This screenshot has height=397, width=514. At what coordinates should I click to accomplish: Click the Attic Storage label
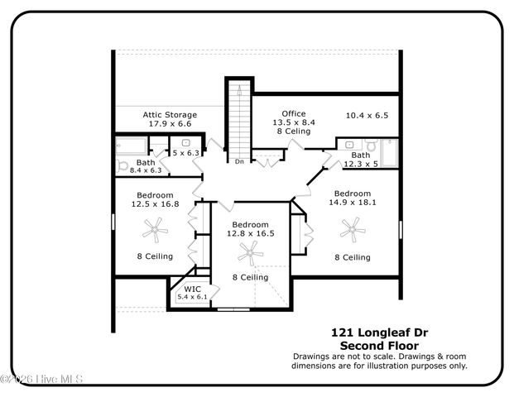[x=169, y=114]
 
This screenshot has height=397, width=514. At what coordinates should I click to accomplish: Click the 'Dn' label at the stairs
[x=239, y=161]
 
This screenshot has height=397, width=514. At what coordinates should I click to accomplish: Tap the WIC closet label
[x=192, y=289]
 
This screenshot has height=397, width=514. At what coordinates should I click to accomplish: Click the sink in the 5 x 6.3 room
[x=185, y=143]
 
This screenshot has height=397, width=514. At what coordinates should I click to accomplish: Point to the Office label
[x=293, y=113]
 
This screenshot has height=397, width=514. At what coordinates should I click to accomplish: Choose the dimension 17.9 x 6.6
[x=170, y=123]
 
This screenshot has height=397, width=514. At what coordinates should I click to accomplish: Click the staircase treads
[x=238, y=124]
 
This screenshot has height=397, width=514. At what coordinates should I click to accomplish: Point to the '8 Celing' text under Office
[x=293, y=131]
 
